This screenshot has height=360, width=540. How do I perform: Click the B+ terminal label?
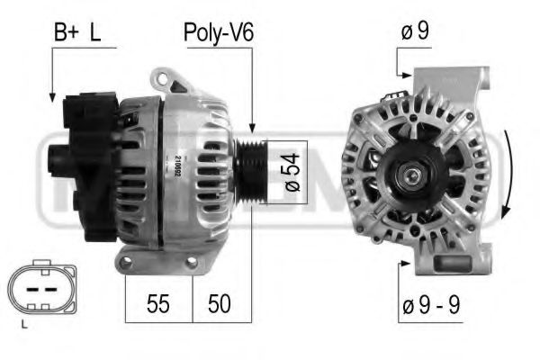(65, 33)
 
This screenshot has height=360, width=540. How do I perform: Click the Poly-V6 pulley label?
(219, 33)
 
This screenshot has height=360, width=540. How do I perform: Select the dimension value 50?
(218, 303)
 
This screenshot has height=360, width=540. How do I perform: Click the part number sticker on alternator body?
(175, 166)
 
